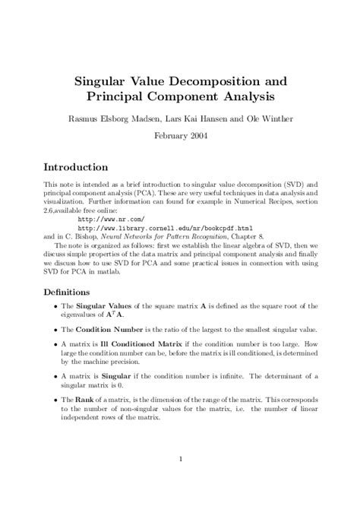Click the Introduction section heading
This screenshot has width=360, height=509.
pyautogui.click(x=76, y=167)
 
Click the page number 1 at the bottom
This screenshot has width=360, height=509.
pyautogui.click(x=180, y=458)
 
